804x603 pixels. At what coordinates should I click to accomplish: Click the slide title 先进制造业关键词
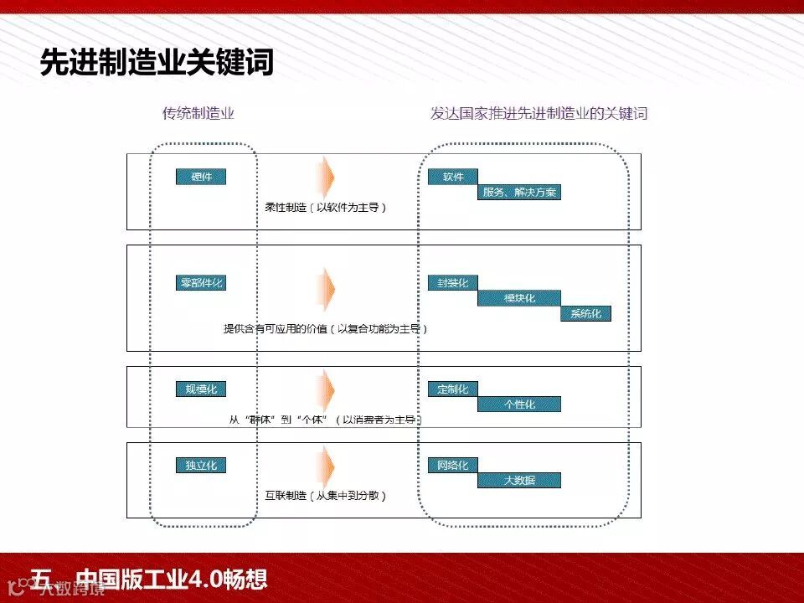157,63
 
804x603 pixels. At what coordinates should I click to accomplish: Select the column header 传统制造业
198,113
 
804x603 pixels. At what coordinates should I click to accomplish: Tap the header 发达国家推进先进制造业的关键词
539,113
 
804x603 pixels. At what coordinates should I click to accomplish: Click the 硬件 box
201,177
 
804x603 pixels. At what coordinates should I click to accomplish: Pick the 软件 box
452,177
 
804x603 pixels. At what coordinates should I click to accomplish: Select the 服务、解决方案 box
519,193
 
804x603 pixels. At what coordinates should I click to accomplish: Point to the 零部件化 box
201,282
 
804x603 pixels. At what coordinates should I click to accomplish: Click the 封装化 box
452,282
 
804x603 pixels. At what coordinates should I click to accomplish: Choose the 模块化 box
519,298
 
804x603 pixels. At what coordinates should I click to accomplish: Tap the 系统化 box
585,314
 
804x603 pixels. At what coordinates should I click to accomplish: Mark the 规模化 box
201,389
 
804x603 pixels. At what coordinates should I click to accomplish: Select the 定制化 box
452,389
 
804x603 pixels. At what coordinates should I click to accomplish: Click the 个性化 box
519,405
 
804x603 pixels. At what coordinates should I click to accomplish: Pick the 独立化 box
201,465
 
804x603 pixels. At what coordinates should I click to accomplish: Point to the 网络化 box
452,465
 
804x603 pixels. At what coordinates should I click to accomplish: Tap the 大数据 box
519,481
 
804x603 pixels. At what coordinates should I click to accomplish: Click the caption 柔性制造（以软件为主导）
325,206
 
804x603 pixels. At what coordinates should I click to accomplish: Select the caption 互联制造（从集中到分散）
325,496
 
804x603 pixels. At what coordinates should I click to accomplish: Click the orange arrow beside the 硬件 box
326,178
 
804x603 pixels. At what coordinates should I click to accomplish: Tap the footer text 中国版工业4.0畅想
171,579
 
